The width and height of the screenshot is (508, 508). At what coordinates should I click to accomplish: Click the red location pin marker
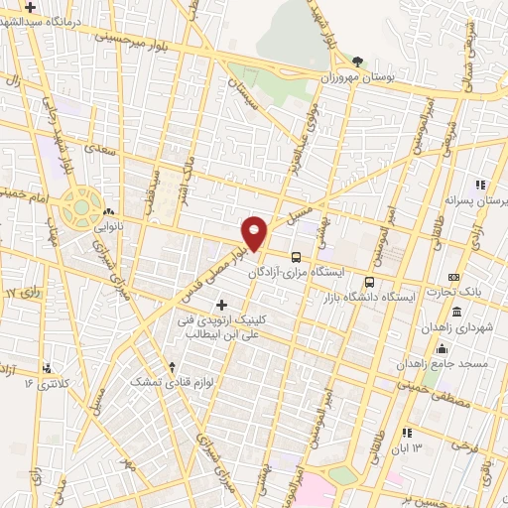(x=255, y=232)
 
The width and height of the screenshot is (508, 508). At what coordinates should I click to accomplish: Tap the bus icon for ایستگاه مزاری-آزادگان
(x=296, y=256)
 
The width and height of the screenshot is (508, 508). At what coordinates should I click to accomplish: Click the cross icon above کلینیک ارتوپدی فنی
(x=220, y=304)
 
